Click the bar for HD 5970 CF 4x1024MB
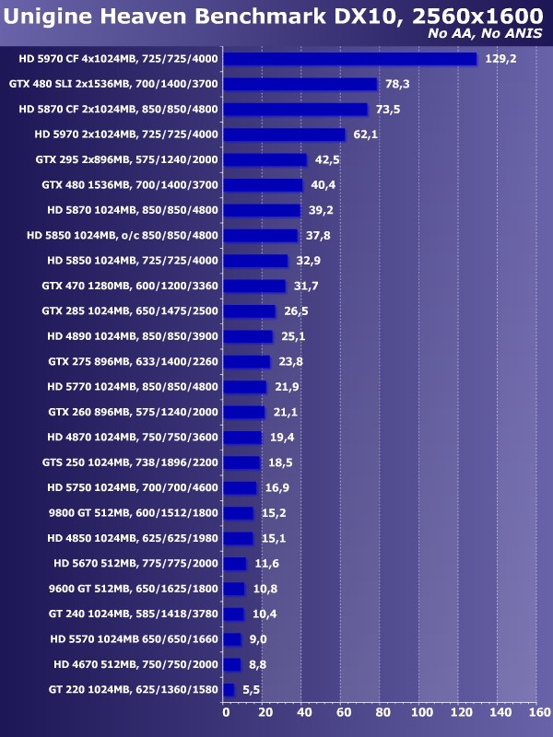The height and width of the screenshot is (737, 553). [x=350, y=59]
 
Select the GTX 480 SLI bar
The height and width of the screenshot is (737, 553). [x=300, y=84]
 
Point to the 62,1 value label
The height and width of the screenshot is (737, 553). [x=366, y=135]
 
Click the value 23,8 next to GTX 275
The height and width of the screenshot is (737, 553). [x=291, y=361]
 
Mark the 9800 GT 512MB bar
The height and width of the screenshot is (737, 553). [x=239, y=513]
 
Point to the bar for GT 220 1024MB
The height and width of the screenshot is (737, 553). [x=229, y=689]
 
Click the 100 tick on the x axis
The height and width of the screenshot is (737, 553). [x=421, y=711]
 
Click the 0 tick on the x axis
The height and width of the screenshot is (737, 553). [x=225, y=711]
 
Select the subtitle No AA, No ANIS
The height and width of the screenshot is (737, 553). [x=485, y=34]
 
